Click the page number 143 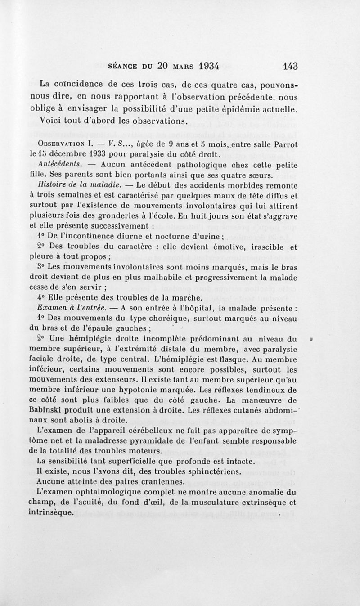(x=288, y=65)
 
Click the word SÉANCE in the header (x=124, y=66)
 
